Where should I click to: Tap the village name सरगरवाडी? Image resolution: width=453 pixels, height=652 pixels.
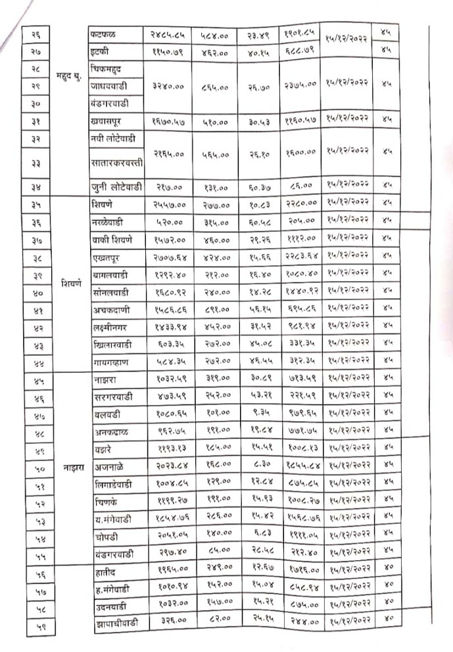pyautogui.click(x=110, y=397)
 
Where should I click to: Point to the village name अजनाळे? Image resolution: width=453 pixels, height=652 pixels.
pyautogui.click(x=107, y=467)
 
